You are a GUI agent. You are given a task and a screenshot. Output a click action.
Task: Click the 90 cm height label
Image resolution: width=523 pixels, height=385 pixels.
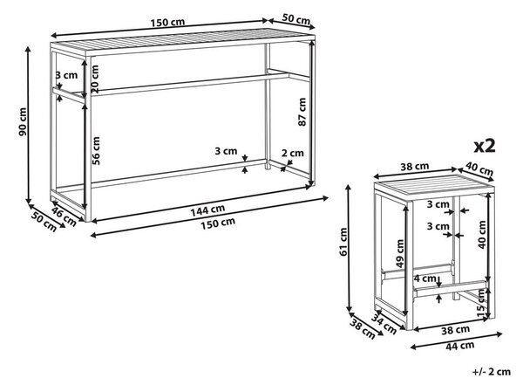[x=23, y=121]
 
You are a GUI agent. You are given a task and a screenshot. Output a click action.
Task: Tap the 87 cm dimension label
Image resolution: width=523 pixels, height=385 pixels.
[x=302, y=112]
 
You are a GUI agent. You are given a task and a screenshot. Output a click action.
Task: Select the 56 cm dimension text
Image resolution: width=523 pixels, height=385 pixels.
[x=96, y=150]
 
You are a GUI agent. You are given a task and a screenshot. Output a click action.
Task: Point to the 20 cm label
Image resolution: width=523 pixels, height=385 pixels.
[x=95, y=79]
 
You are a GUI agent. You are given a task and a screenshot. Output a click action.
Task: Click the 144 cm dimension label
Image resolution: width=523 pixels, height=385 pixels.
[x=207, y=210]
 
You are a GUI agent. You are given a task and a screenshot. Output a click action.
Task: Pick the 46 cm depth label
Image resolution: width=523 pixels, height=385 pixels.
[x=64, y=216]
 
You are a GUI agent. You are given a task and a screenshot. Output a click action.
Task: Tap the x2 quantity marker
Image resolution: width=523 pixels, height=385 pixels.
[x=485, y=146]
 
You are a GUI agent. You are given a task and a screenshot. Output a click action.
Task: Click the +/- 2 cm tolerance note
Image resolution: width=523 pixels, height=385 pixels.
[x=492, y=371]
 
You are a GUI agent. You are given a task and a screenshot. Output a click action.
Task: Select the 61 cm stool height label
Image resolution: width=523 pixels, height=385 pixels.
[x=343, y=242]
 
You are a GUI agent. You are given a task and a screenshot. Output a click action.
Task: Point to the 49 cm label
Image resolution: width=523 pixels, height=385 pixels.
[x=399, y=254]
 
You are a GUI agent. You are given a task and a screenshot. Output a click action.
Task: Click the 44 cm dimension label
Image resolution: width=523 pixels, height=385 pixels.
[x=459, y=346]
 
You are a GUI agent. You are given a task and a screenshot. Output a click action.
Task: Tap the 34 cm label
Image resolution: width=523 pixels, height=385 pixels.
[x=384, y=324]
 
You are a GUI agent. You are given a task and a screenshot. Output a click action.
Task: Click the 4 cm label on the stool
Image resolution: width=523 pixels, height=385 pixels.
[x=425, y=278]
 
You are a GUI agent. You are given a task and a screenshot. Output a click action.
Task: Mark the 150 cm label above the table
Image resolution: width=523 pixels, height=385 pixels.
[x=167, y=23]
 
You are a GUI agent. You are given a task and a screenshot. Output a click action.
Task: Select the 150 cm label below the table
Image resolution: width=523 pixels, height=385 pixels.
[x=217, y=223]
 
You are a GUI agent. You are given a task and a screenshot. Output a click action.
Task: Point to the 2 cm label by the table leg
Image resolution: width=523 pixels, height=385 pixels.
[x=293, y=153]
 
